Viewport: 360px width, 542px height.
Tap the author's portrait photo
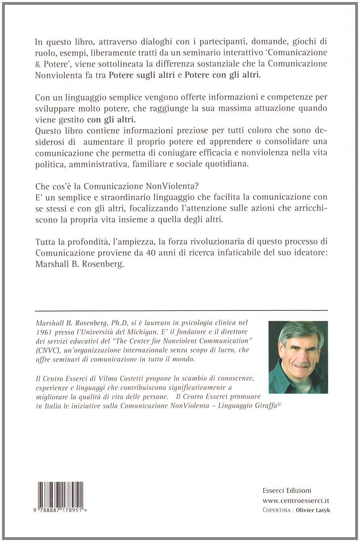[x=298, y=357]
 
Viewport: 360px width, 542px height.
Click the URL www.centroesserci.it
[x=296, y=500]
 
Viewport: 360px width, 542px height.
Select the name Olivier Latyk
[x=313, y=510]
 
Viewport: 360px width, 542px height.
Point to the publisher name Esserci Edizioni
[x=287, y=490]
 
